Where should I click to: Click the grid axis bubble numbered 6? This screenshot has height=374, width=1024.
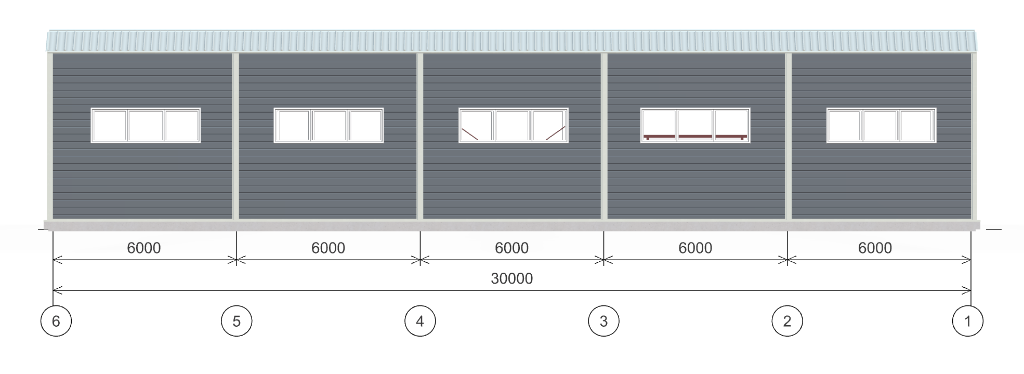coord(56,321)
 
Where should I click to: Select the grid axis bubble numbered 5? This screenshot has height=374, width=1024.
coord(237,321)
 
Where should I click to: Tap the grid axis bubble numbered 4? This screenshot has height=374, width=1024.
coord(420,321)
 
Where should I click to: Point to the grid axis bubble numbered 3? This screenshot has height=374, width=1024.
coord(603,321)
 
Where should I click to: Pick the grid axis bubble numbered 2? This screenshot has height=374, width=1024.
coord(787,321)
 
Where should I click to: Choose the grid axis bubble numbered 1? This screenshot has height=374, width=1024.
coord(967,321)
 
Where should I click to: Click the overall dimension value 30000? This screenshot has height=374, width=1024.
coord(512,279)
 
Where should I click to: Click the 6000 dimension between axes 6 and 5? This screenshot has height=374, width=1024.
coord(144,248)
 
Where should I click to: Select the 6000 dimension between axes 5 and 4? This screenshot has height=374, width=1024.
coord(328,248)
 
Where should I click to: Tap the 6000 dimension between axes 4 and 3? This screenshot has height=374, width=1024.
coord(511,248)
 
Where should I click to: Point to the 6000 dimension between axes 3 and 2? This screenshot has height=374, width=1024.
coord(695,248)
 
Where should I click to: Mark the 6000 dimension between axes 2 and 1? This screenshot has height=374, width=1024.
coord(875,248)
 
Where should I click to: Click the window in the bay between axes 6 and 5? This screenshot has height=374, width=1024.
coord(146,125)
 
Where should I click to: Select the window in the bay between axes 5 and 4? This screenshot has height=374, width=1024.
coord(329,125)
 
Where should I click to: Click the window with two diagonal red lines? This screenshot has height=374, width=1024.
coord(514,125)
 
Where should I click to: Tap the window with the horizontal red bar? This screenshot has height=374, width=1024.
coord(695,125)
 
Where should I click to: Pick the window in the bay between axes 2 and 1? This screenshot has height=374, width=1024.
coord(882,125)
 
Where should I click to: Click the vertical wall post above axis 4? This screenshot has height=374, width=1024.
coord(420,136)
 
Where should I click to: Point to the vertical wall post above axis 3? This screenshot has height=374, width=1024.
coord(604,136)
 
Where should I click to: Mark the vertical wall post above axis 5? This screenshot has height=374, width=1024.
coord(235,136)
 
